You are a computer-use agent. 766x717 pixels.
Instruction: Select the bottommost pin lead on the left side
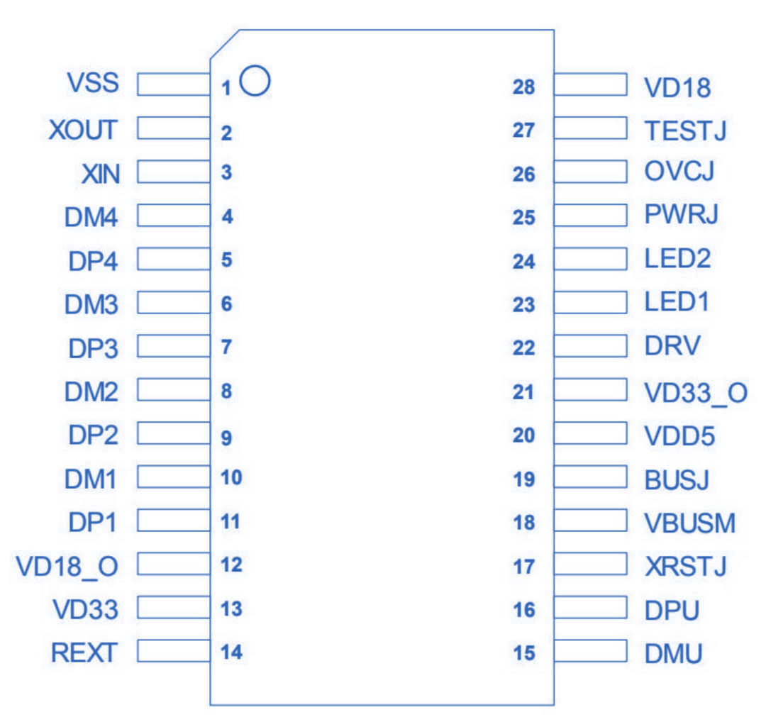tap(170, 650)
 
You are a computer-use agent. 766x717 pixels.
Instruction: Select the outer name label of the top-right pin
tap(677, 84)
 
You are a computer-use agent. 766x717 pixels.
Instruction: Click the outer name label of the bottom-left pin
tap(83, 651)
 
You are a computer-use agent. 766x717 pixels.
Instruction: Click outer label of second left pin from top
tap(83, 128)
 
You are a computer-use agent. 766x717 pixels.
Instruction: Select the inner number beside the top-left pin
tap(245, 82)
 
